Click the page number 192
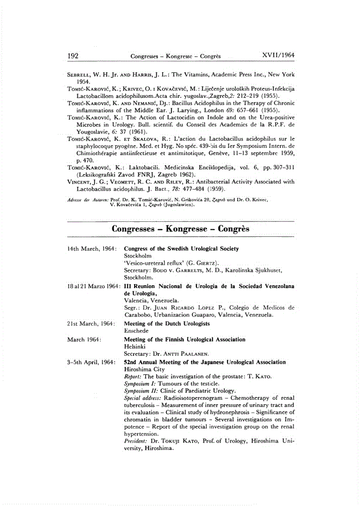point(72,56)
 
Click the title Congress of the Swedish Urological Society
point(181,249)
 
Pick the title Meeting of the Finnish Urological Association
point(184,339)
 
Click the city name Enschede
point(137,331)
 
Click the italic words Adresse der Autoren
point(86,198)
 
